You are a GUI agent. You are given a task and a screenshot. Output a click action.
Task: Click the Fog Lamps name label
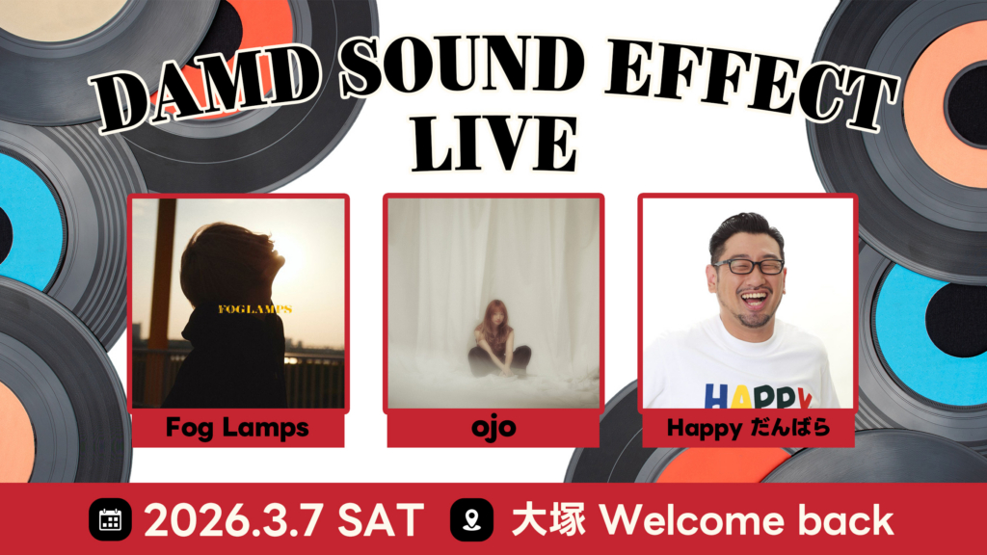click(x=237, y=428)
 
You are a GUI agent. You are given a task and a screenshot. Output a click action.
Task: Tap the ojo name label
click(x=493, y=428)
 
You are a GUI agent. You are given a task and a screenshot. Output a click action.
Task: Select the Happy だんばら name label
click(x=748, y=428)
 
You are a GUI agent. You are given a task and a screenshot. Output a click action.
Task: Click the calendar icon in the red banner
click(x=110, y=519)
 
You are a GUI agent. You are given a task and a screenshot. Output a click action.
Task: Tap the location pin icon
click(x=471, y=519)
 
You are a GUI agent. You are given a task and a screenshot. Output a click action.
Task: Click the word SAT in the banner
click(x=381, y=520)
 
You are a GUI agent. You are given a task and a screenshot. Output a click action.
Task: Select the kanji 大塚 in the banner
click(x=548, y=520)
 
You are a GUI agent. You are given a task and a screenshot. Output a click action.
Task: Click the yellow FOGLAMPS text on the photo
click(x=254, y=309)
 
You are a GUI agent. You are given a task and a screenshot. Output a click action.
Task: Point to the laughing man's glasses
click(x=748, y=266)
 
